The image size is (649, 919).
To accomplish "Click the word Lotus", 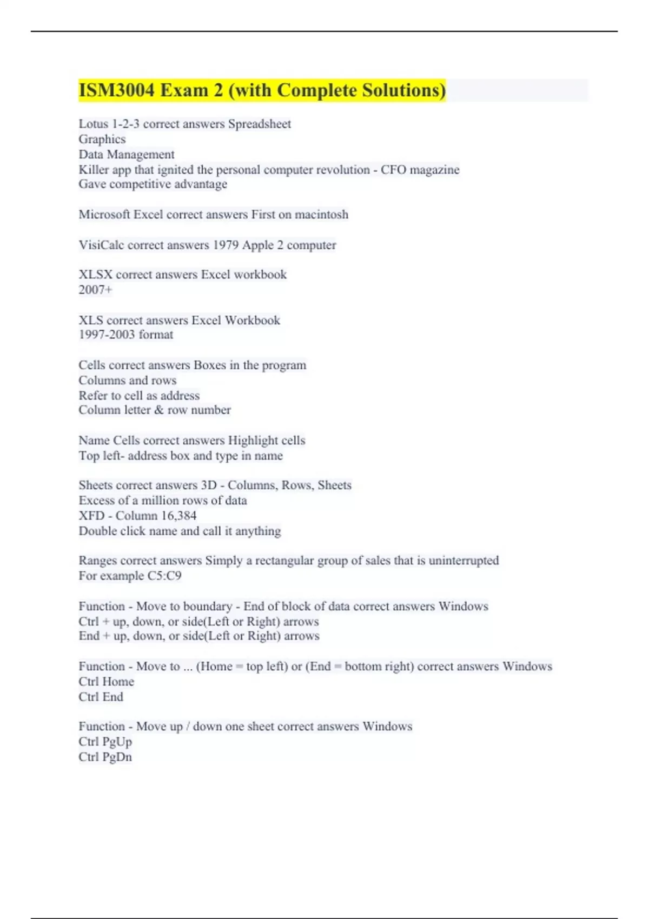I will click(94, 124).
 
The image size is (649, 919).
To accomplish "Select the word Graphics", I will click(102, 139).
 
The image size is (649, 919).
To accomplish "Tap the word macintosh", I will click(321, 215).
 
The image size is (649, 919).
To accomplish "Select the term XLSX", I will click(96, 275).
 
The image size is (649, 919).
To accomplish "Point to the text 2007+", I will click(96, 290).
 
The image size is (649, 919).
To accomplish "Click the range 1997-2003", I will click(107, 335).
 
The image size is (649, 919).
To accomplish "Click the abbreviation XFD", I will click(90, 516).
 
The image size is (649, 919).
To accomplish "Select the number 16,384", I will click(178, 516).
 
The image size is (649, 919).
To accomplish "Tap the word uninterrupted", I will click(463, 561).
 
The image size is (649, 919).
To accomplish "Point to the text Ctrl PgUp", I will click(105, 742).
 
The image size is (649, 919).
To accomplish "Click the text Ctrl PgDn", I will click(105, 757).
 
